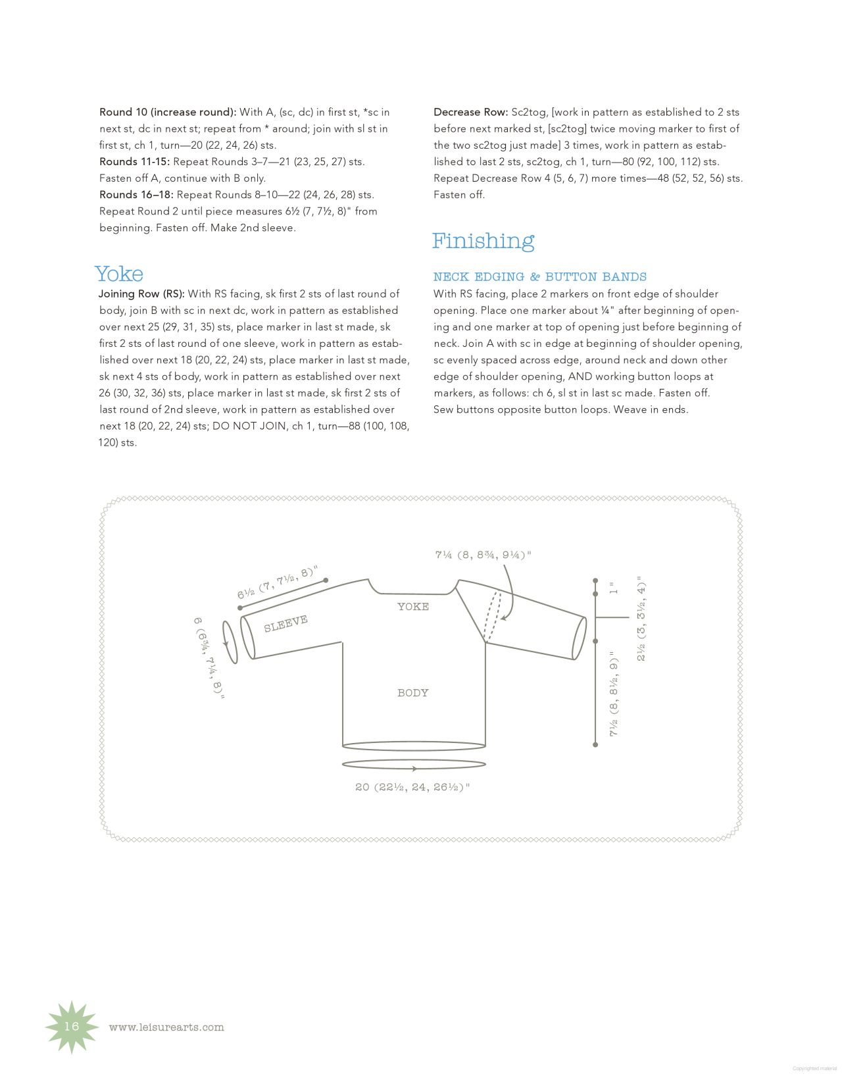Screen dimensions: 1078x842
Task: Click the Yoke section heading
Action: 119,274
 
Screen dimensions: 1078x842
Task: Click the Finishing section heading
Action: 483,241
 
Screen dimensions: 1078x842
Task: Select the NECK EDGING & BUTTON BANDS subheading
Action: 539,277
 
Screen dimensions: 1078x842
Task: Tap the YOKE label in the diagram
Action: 413,607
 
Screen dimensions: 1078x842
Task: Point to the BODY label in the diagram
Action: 413,693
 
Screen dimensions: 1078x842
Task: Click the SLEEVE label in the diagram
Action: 285,624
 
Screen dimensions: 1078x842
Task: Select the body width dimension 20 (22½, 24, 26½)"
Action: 412,787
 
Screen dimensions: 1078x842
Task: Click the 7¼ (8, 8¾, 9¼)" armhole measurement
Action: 483,555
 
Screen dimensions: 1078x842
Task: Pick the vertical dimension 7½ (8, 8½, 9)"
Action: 614,694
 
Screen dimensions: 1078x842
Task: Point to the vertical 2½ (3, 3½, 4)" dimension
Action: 641,619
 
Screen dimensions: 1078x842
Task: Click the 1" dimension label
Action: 614,588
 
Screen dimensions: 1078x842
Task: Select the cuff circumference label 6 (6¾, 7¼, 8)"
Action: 209,658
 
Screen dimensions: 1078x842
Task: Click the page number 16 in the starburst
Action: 72,1027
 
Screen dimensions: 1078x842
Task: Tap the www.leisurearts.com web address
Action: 166,1027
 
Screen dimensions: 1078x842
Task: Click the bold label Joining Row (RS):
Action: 141,294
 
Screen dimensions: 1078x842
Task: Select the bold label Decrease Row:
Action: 470,113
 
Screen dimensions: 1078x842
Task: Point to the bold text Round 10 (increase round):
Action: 168,113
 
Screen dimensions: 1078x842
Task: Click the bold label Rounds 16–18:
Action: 136,195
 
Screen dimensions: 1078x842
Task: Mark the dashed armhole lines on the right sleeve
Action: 493,616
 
